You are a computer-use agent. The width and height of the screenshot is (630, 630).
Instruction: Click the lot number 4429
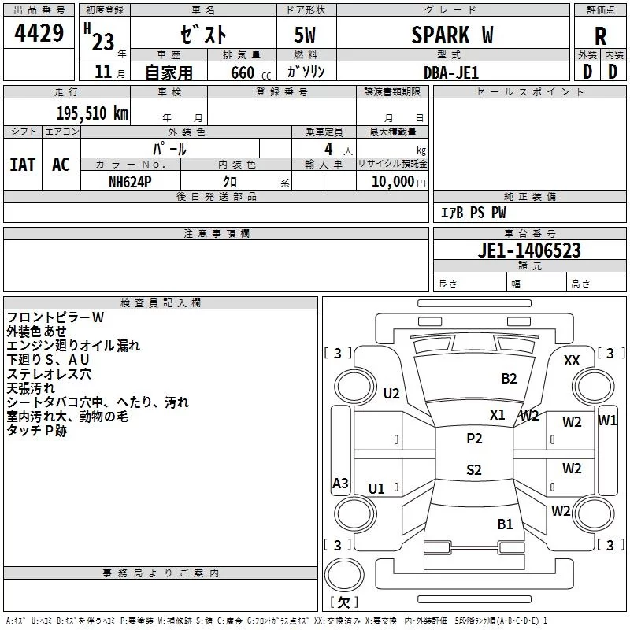pyautogui.click(x=39, y=35)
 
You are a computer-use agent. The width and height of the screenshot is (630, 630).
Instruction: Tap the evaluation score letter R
pyautogui.click(x=600, y=36)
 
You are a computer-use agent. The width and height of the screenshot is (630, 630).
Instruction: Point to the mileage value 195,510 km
pyautogui.click(x=92, y=113)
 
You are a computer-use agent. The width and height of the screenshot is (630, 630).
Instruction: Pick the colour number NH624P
pyautogui.click(x=131, y=181)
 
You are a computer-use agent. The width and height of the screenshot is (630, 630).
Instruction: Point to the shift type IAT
pyautogui.click(x=22, y=165)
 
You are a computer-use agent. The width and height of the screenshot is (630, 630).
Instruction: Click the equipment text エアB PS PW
pyautogui.click(x=472, y=213)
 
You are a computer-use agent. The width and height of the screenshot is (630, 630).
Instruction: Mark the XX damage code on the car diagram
pyautogui.click(x=573, y=360)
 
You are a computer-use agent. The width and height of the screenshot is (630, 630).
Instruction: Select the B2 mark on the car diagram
pyautogui.click(x=510, y=379)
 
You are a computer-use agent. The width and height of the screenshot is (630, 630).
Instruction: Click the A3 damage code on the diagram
pyautogui.click(x=340, y=484)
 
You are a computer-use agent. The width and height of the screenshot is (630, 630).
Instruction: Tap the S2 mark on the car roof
pyautogui.click(x=474, y=470)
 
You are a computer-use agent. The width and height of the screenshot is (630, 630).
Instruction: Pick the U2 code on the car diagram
pyautogui.click(x=391, y=394)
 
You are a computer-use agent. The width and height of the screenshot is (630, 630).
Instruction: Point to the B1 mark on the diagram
pyautogui.click(x=505, y=524)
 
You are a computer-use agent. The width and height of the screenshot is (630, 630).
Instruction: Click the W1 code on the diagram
pyautogui.click(x=607, y=420)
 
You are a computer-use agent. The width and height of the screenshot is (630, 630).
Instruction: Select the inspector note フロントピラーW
pyautogui.click(x=55, y=317)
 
